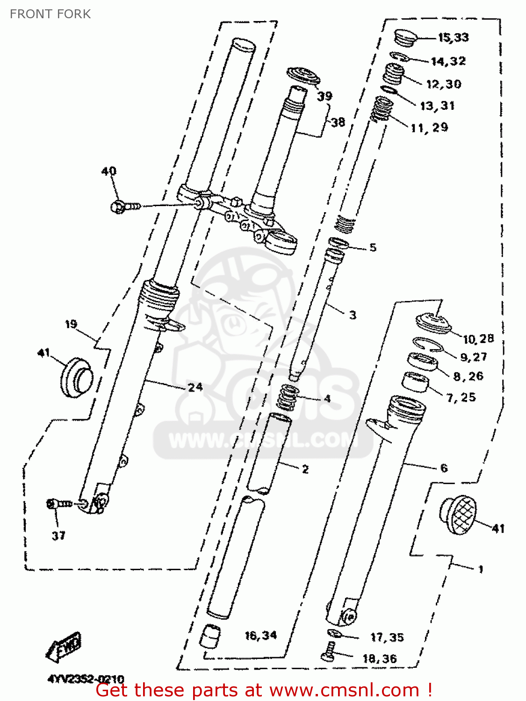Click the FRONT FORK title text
pos(50,14)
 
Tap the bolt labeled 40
pos(124,206)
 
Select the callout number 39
pos(324,96)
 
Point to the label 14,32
pos(448,61)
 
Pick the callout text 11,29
pos(429,128)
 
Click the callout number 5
pos(373,247)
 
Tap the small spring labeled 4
pos(288,397)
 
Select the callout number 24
pos(195,387)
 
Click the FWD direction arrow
pos(64,646)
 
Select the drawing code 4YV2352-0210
pos(86,679)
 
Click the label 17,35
pos(387,637)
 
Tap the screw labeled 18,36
pos(329,651)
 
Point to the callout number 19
pos(71,324)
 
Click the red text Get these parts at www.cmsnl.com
pos(264,690)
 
